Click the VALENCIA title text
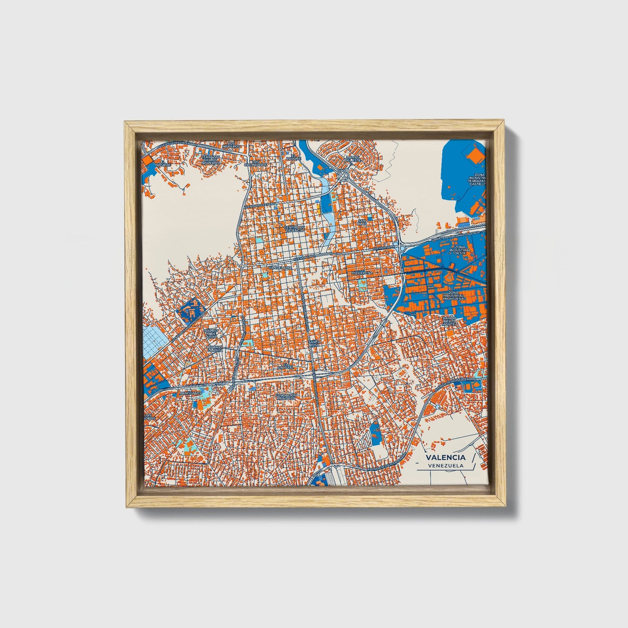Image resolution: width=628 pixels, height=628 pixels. pos(445,457)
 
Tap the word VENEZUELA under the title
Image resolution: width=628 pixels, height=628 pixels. pos(445,465)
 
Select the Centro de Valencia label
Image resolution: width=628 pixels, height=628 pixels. pos(294,229)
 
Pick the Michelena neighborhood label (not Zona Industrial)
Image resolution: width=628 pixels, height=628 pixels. pos(362,272)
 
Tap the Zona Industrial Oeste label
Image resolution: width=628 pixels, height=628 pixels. pos(461,250)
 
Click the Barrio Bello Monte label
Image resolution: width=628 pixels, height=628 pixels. pos(449,321)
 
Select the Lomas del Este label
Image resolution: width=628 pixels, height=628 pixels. pos(353,159)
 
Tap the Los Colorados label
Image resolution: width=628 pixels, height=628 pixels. pos(256,163)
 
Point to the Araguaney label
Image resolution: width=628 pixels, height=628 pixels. pos(191,393)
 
